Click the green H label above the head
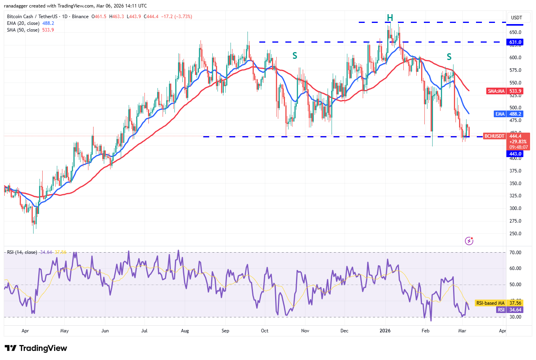390,18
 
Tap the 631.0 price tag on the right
515,42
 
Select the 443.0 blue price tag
515,154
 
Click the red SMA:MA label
496,91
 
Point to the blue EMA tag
500,114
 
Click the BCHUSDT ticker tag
494,136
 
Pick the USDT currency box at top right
516,18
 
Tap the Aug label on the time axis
185,331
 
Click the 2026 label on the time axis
385,331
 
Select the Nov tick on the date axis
305,331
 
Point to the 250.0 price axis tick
515,234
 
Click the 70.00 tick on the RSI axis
515,253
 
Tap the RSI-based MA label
490,303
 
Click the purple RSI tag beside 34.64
501,310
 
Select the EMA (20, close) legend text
23,23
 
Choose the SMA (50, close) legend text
23,30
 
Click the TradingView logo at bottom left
36,348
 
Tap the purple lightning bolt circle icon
469,241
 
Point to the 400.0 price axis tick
515,158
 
